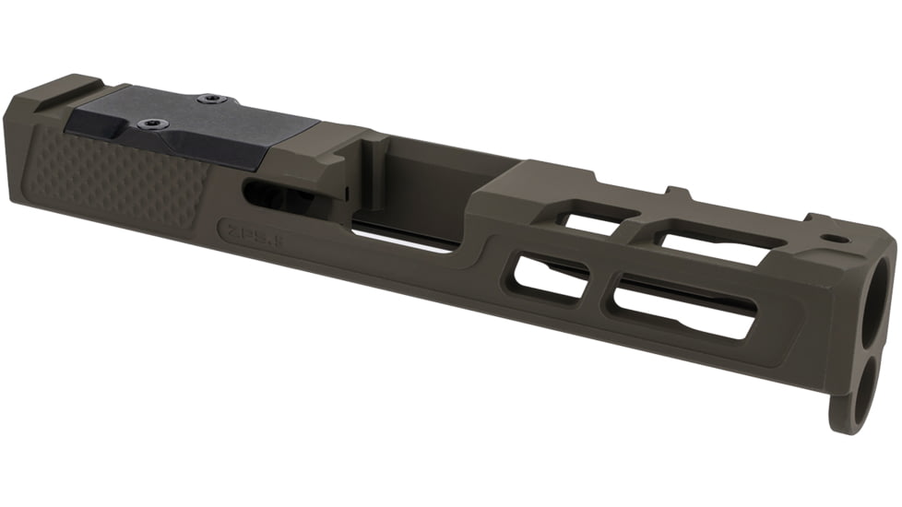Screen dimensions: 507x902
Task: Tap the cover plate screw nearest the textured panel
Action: click(x=148, y=124)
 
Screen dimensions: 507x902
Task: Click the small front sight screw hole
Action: click(x=837, y=238)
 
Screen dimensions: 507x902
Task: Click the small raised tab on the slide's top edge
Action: click(x=678, y=195)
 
